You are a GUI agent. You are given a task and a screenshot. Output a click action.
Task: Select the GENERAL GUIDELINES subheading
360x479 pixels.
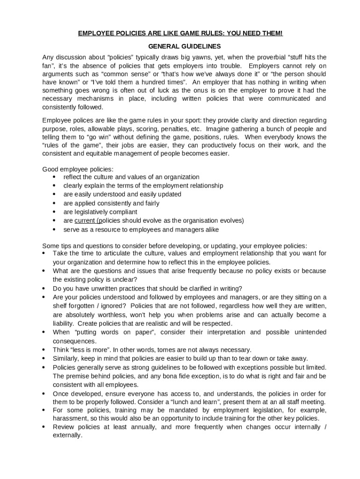pyautogui.click(x=180, y=47)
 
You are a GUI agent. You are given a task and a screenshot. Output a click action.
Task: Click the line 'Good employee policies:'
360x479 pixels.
pyautogui.click(x=78, y=169)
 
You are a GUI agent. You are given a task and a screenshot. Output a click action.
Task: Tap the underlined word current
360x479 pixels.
pyautogui.click(x=85, y=221)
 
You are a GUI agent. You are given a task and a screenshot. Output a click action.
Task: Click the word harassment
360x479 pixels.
pyautogui.click(x=71, y=419)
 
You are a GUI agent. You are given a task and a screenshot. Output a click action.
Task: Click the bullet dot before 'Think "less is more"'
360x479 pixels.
pyautogui.click(x=44, y=350)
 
